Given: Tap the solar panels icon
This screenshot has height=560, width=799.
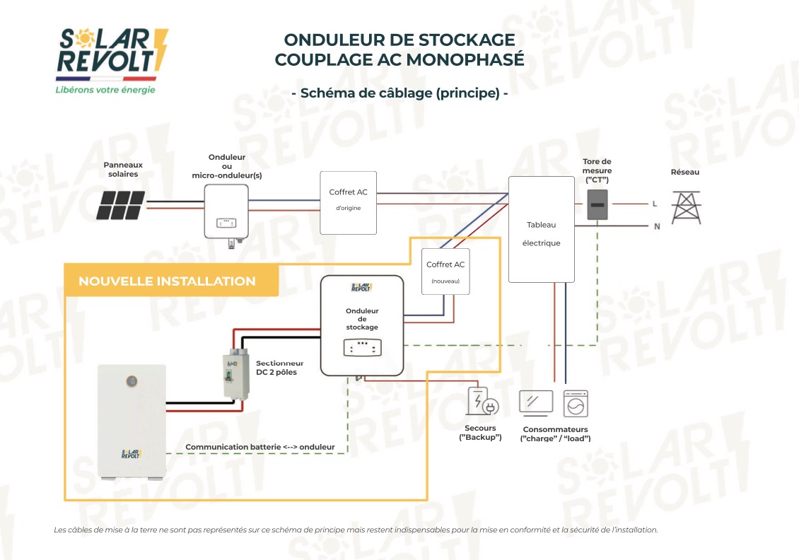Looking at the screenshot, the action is click(121, 205).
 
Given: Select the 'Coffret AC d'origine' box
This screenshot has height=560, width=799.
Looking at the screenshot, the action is click(349, 203).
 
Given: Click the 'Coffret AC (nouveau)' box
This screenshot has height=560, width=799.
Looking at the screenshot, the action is click(445, 272).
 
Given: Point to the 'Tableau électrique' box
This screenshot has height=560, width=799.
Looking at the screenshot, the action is click(541, 229).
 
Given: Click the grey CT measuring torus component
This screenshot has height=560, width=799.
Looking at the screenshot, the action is click(597, 205).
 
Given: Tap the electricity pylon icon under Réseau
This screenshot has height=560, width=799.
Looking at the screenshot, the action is click(686, 208).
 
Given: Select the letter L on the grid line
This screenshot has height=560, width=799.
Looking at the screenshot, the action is click(655, 204).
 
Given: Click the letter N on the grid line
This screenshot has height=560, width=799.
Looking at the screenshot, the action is click(657, 226).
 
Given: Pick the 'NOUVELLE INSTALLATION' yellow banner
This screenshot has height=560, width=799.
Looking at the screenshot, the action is click(171, 280).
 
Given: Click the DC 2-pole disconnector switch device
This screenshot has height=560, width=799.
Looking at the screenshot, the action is click(236, 374).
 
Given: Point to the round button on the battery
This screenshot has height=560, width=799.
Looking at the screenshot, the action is click(132, 381).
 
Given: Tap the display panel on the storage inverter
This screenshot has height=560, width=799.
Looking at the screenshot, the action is click(362, 348).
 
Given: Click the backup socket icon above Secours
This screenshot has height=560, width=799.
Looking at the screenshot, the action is click(482, 401).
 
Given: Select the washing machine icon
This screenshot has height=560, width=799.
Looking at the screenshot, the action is click(576, 404).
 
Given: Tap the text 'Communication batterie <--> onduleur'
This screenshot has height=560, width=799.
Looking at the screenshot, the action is click(260, 447).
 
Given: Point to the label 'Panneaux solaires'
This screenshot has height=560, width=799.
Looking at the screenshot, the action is click(123, 169).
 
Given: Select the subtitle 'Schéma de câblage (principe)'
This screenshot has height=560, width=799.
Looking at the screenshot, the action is click(400, 93).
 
